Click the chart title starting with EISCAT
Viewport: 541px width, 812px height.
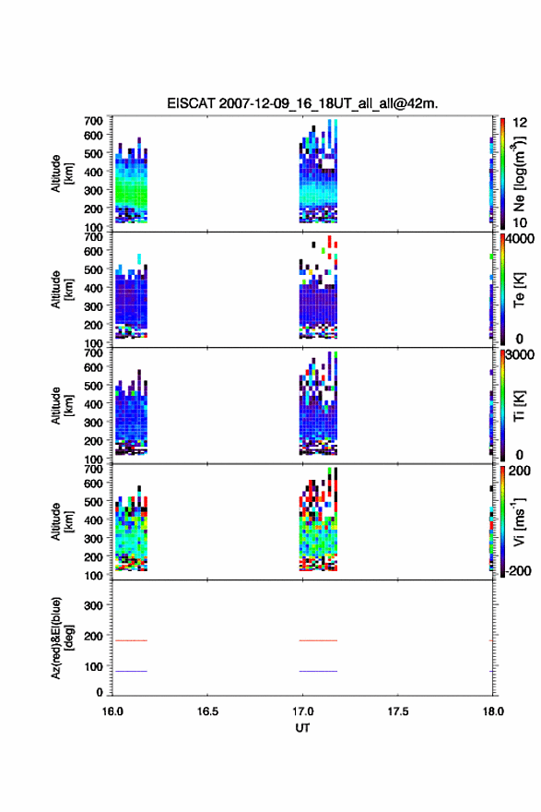coord(302,103)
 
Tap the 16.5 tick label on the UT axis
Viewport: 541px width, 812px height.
coord(207,711)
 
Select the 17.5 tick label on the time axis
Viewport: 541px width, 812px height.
coord(398,711)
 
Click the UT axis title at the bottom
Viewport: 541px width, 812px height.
coord(302,728)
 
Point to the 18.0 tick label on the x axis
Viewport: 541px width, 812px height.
coord(493,711)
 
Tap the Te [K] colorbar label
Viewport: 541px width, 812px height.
coord(519,290)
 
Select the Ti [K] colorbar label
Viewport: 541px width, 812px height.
coord(519,405)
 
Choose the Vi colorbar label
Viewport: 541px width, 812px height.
coord(519,521)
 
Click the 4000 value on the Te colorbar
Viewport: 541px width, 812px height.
coord(520,239)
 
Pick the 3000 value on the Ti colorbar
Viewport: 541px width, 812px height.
coord(520,354)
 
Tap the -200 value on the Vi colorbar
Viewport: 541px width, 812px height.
coord(519,570)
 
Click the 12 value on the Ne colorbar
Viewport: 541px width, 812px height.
coord(520,123)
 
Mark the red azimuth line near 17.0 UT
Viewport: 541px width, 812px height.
coord(318,640)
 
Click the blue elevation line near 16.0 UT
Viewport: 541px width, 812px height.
coord(131,671)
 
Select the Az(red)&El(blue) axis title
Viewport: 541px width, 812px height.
coord(62,638)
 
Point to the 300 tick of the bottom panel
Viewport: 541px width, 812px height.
coord(93,605)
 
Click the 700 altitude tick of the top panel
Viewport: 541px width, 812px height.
coord(93,121)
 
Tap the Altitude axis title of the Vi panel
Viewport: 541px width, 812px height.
coord(62,521)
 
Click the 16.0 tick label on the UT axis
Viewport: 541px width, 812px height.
coord(112,711)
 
